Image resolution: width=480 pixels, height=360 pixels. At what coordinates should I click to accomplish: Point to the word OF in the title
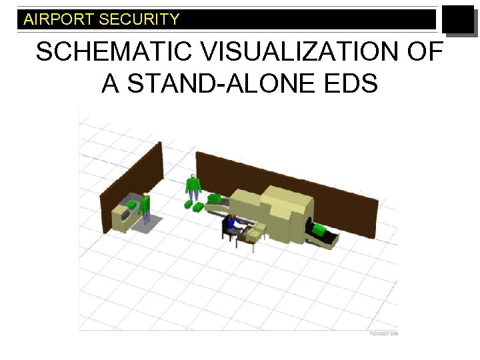[424, 52]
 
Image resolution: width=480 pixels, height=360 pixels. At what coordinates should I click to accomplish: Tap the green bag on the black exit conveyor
[319, 230]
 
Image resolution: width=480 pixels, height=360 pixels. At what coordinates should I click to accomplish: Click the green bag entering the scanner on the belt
[215, 198]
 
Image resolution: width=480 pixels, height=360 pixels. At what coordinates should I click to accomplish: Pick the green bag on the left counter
[132, 204]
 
